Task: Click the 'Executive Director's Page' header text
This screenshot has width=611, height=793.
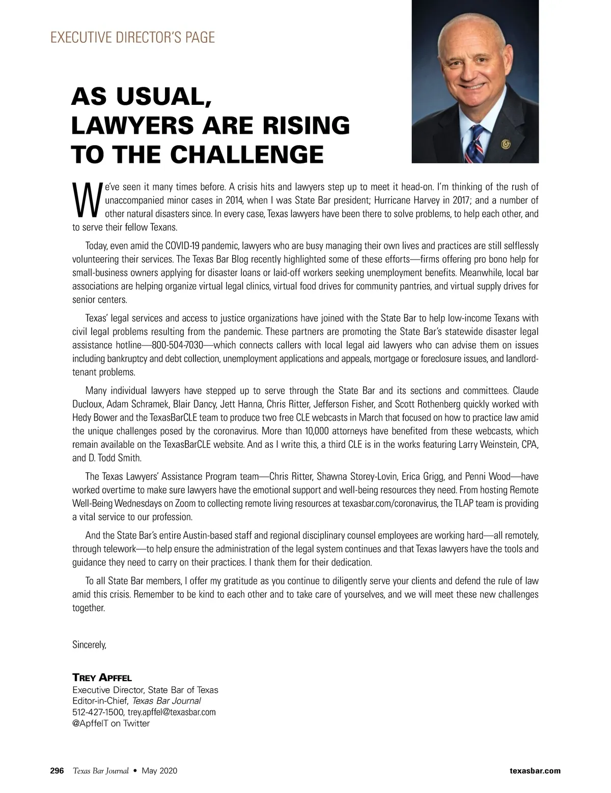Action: coord(132,37)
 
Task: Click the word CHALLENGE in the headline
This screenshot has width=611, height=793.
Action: coord(247,154)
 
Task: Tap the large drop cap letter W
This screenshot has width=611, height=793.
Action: coord(87,199)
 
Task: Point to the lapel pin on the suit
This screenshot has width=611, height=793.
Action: coord(505,144)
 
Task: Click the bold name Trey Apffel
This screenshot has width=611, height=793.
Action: coord(102,677)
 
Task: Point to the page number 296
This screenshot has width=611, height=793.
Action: coord(57,771)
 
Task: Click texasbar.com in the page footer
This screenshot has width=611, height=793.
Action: coord(535,771)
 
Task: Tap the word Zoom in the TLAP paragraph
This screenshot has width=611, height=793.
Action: coord(192,504)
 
